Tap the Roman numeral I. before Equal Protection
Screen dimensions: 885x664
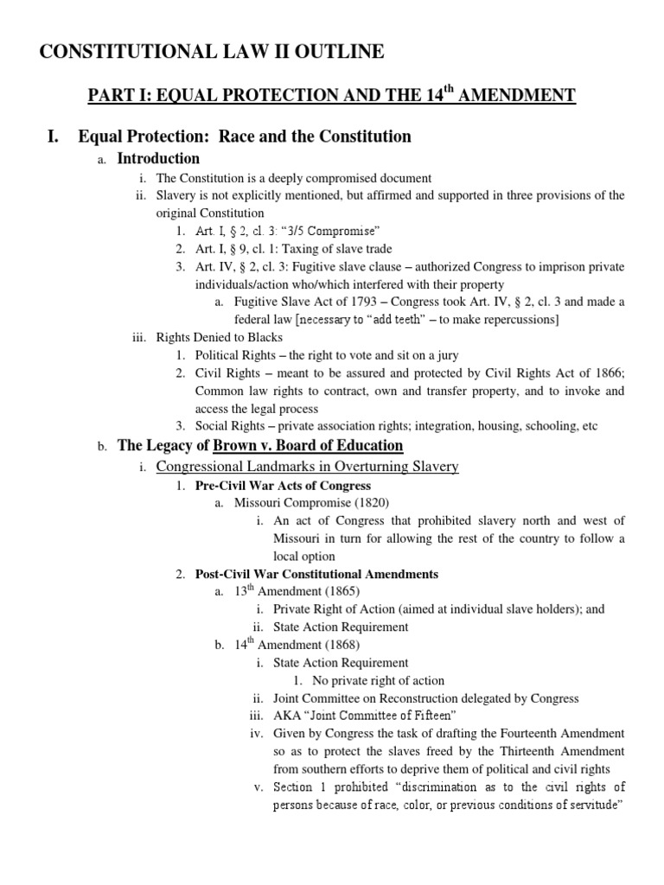[x=55, y=137]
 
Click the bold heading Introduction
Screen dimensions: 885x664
[x=158, y=158]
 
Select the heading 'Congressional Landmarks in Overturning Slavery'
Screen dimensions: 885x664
[x=307, y=467]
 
